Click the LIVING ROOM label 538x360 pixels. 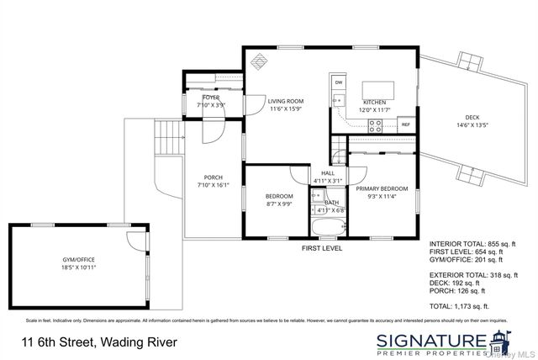(286, 101)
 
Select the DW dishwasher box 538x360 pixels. (339, 82)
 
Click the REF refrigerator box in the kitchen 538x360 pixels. (405, 124)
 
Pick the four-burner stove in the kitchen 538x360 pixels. (375, 126)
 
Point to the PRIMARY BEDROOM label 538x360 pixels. (382, 189)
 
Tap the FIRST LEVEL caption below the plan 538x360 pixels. (322, 249)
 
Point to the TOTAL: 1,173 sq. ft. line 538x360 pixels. (459, 306)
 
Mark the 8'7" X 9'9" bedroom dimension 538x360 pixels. (279, 204)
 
